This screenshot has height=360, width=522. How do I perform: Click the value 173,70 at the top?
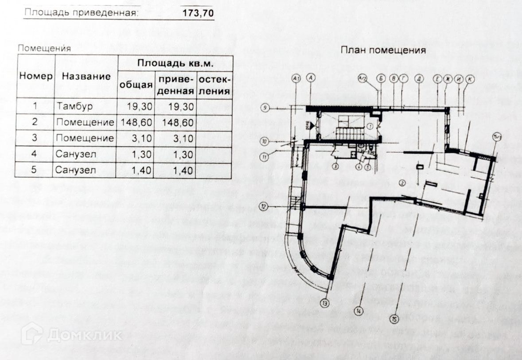198,13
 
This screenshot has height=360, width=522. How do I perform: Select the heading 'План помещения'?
383,50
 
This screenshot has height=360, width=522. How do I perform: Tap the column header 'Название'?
86,76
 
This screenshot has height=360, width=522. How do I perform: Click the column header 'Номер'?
36,76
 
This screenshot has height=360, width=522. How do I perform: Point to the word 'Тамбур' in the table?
72,106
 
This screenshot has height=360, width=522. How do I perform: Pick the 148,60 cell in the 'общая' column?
135,122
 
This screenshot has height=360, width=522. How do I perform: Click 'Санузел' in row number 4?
75,155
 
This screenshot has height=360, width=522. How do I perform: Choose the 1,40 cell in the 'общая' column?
135,170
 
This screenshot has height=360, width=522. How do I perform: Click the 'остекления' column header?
214,85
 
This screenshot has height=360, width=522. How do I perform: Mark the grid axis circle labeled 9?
265,108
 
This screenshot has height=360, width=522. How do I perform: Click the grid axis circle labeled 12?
264,206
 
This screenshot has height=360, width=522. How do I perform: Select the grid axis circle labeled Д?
419,78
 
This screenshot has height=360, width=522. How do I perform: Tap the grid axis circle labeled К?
470,78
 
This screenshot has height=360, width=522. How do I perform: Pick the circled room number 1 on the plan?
369,125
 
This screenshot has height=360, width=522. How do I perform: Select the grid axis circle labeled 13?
326,304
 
